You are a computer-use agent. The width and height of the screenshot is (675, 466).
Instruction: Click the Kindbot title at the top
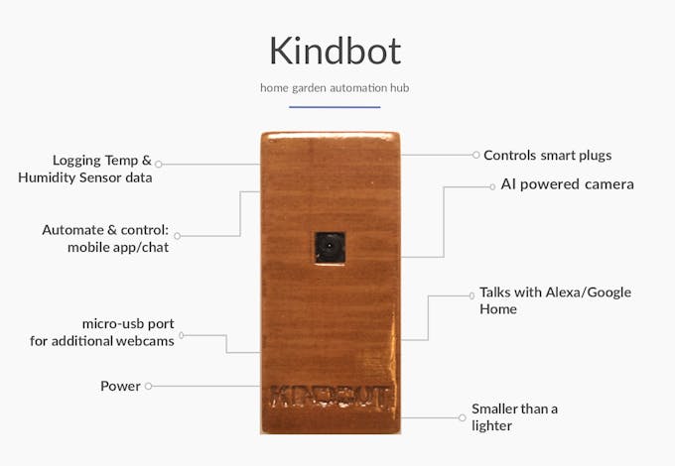point(336,51)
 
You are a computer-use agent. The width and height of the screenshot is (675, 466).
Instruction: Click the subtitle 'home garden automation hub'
point(335,88)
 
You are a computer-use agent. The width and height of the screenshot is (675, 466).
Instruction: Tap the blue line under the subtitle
point(335,107)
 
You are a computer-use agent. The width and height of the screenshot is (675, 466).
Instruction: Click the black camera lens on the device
point(330,248)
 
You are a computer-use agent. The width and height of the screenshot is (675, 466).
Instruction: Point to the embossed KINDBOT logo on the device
point(331,398)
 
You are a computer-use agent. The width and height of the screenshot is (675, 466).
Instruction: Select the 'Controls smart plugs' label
point(548,156)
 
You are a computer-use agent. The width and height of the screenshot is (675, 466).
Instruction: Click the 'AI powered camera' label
point(567,184)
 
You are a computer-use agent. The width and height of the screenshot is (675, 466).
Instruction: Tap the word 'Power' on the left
point(120,386)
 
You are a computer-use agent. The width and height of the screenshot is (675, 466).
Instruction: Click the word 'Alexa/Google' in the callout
point(588,292)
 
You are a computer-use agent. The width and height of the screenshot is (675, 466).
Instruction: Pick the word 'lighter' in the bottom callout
point(491,425)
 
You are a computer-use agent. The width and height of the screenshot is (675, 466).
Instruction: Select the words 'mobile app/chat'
point(118,247)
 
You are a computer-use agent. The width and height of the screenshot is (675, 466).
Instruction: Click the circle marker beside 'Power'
point(148,386)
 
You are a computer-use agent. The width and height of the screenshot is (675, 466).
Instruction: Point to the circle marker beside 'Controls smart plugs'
point(475,155)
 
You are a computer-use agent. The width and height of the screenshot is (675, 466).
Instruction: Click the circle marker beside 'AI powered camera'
point(492,187)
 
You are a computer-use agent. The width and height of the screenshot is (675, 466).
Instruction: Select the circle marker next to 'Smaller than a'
point(462,417)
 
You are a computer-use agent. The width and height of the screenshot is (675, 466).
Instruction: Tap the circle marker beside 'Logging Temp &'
point(159,165)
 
